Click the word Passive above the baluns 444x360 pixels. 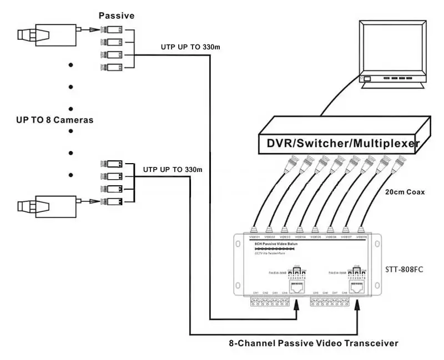coord(117,16)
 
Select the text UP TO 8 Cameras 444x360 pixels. coord(54,120)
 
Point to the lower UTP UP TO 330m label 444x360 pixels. coord(173,169)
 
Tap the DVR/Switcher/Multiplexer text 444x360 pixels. coord(342,143)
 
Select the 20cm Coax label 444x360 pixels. coord(405,192)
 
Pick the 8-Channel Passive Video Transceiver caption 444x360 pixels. coord(314,343)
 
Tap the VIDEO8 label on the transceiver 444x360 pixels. coord(361,237)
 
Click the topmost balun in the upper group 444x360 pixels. coord(113,29)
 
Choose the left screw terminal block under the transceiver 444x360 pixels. coord(269,302)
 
